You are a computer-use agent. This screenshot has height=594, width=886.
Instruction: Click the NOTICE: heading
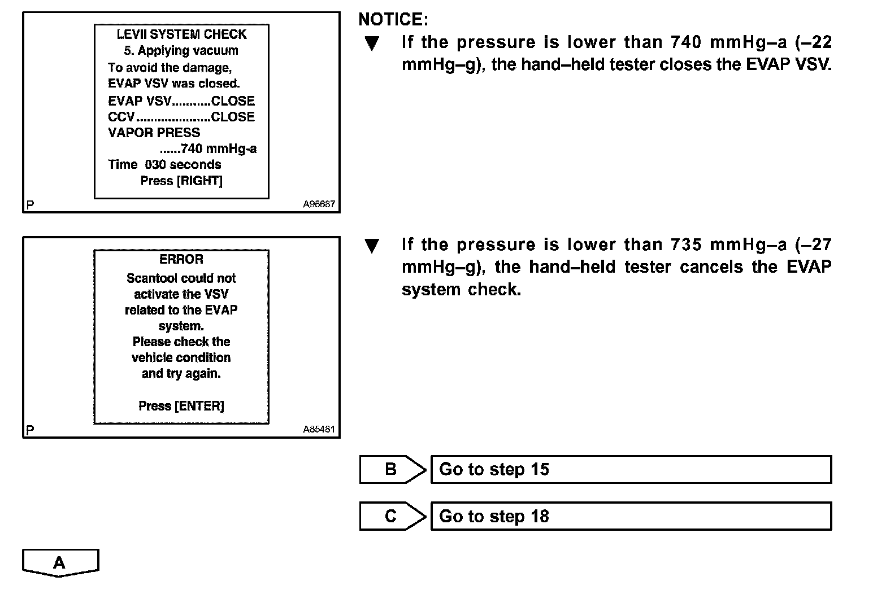click(393, 20)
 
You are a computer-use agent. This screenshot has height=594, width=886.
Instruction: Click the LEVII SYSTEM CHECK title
click(181, 34)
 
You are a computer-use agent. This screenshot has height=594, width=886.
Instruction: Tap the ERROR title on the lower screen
click(181, 259)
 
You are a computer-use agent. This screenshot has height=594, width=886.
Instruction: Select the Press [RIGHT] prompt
click(181, 181)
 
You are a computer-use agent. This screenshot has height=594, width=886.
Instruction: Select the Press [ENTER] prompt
click(181, 406)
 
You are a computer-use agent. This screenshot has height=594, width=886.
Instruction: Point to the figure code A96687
click(319, 204)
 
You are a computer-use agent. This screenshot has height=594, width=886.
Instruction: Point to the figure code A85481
click(319, 429)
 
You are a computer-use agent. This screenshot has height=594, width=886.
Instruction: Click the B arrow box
click(392, 470)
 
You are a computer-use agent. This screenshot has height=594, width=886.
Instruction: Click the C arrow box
click(392, 517)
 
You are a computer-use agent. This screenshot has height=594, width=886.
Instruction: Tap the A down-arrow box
click(60, 563)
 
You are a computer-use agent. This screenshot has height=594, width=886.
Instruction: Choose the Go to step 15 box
click(631, 470)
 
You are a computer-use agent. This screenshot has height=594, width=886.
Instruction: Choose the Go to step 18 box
click(631, 517)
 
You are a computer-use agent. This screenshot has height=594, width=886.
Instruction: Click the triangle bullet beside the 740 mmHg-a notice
click(372, 43)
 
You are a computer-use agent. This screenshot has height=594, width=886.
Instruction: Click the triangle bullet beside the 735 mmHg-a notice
click(372, 246)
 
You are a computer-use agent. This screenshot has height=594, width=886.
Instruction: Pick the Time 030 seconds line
click(164, 165)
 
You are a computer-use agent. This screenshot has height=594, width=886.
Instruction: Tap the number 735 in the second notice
click(687, 244)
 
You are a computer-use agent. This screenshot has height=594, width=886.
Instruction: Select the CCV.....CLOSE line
click(181, 117)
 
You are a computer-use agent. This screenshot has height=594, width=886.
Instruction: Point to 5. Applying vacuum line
click(181, 51)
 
